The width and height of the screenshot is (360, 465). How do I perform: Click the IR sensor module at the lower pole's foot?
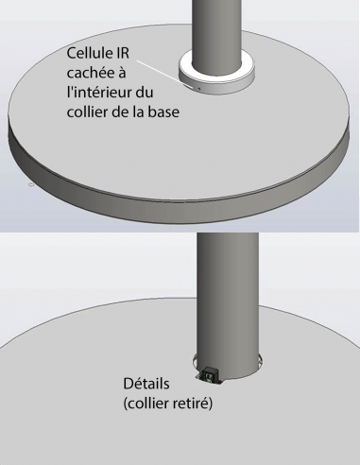pos(210,376)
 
